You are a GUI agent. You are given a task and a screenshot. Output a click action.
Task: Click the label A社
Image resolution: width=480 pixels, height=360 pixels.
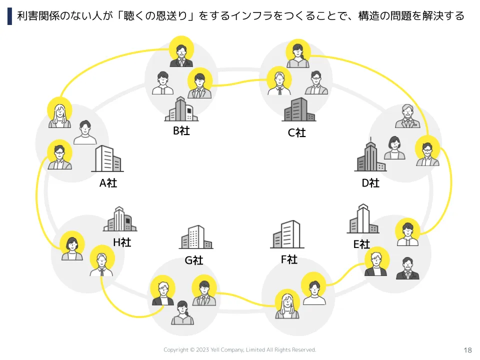[108, 183]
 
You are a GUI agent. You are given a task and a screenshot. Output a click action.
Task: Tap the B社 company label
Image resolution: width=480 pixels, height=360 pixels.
[181, 130]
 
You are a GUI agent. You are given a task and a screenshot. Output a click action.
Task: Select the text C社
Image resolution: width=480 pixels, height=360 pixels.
[296, 132]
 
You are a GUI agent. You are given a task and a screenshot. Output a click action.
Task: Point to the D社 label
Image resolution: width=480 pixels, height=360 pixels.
[370, 183]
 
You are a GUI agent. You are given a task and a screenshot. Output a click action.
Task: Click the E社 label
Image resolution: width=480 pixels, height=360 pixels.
[361, 244]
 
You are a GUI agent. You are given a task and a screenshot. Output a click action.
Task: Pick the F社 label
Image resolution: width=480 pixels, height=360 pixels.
[289, 259]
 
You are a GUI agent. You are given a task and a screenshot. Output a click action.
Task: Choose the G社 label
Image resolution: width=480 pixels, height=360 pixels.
[194, 260]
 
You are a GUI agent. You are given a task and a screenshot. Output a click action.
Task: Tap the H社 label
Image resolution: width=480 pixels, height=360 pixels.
[122, 242]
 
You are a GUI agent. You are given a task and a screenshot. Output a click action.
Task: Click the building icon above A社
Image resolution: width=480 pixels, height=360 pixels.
[107, 158]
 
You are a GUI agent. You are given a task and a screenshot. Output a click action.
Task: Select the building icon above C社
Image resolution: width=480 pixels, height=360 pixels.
[299, 109]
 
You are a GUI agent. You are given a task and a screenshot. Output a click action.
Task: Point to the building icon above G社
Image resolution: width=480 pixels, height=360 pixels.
[196, 237]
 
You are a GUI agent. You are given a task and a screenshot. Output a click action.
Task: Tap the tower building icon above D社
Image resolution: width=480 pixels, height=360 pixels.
[370, 154]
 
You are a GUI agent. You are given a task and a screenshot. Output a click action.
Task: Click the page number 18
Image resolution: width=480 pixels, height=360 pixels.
[467, 350]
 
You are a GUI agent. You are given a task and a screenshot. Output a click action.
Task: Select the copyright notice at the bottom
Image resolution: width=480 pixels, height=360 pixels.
[239, 349]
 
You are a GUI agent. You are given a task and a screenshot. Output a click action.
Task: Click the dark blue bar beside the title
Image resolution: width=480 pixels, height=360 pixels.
[10, 16]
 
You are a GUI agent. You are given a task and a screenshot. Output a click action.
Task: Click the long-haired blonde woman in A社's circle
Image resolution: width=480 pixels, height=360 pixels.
[59, 115]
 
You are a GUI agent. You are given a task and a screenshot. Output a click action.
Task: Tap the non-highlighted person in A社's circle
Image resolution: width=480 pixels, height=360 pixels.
[85, 132]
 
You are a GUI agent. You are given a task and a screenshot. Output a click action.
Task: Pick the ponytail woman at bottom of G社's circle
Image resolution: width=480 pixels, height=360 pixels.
[182, 312]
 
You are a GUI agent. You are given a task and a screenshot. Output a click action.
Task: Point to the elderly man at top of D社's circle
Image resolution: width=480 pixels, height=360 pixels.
[407, 116]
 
